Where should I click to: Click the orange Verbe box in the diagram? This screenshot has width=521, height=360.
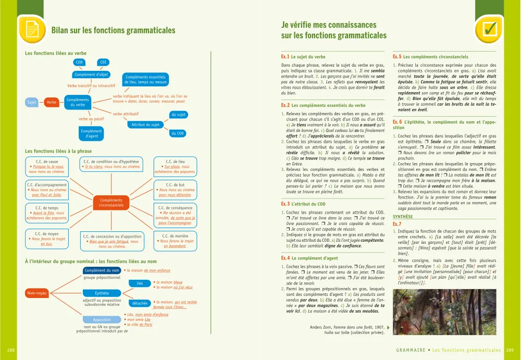coord(52,103)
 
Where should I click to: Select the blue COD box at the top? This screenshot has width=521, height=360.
coord(79,63)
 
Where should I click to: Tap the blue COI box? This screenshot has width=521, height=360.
coord(103,63)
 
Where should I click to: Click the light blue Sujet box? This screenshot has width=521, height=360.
coord(32,103)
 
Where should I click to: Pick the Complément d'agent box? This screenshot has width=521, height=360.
coord(91,134)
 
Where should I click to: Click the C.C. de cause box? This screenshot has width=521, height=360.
coord(47,167)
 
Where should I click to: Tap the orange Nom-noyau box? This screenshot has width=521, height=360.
coord(37,293)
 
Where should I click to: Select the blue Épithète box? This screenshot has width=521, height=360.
coord(102,293)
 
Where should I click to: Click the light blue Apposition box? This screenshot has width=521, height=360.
coord(102,319)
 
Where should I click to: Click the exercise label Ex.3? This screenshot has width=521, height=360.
coord(285,204)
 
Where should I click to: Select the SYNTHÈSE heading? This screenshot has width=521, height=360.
coord(403,216)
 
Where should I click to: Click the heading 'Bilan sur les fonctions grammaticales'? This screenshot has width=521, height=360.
coord(113,30)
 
